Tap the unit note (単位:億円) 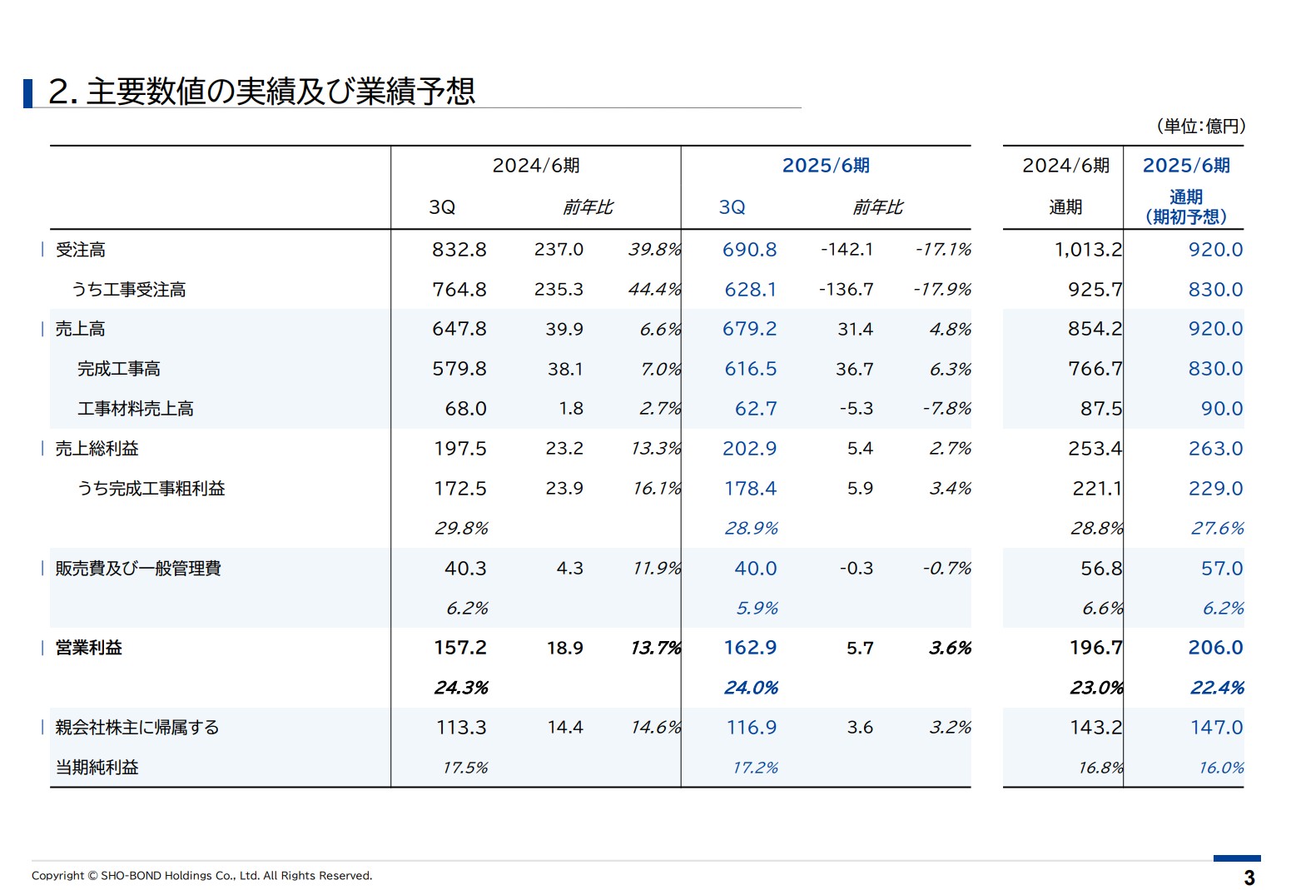pos(1200,127)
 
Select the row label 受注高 pos(80,250)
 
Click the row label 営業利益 pos(88,648)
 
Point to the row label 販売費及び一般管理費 pos(138,569)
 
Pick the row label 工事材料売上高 pos(135,409)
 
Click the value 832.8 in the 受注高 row pos(459,250)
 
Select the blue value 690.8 pos(749,250)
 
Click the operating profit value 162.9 pos(749,648)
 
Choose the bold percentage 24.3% pos(460,688)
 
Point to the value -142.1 pos(847,250)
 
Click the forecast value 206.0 pos(1214,648)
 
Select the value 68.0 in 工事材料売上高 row pos(465,409)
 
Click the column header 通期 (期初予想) pos(1185,206)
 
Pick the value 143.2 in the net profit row pos(1095,728)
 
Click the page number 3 pos(1249,878)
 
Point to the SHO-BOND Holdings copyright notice pos(201,876)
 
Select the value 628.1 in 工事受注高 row pos(750,290)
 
